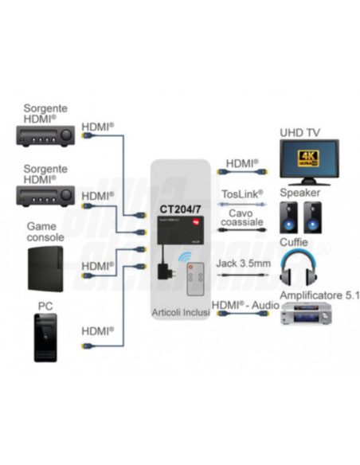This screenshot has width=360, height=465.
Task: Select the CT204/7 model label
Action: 179,210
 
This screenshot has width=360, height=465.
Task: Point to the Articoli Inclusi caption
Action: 180,313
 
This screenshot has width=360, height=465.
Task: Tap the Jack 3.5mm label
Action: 240,264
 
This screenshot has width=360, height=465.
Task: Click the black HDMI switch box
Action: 179,231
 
